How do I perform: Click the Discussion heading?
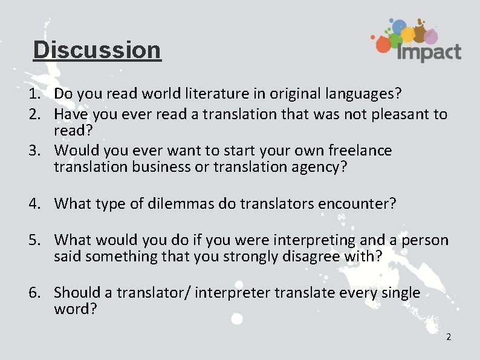click(x=97, y=50)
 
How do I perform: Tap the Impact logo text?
click(x=429, y=52)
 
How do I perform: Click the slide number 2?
click(x=448, y=337)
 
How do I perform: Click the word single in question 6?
click(x=400, y=293)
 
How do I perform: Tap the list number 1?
click(x=34, y=94)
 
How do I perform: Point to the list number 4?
click(x=34, y=203)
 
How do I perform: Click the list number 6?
click(x=34, y=293)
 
